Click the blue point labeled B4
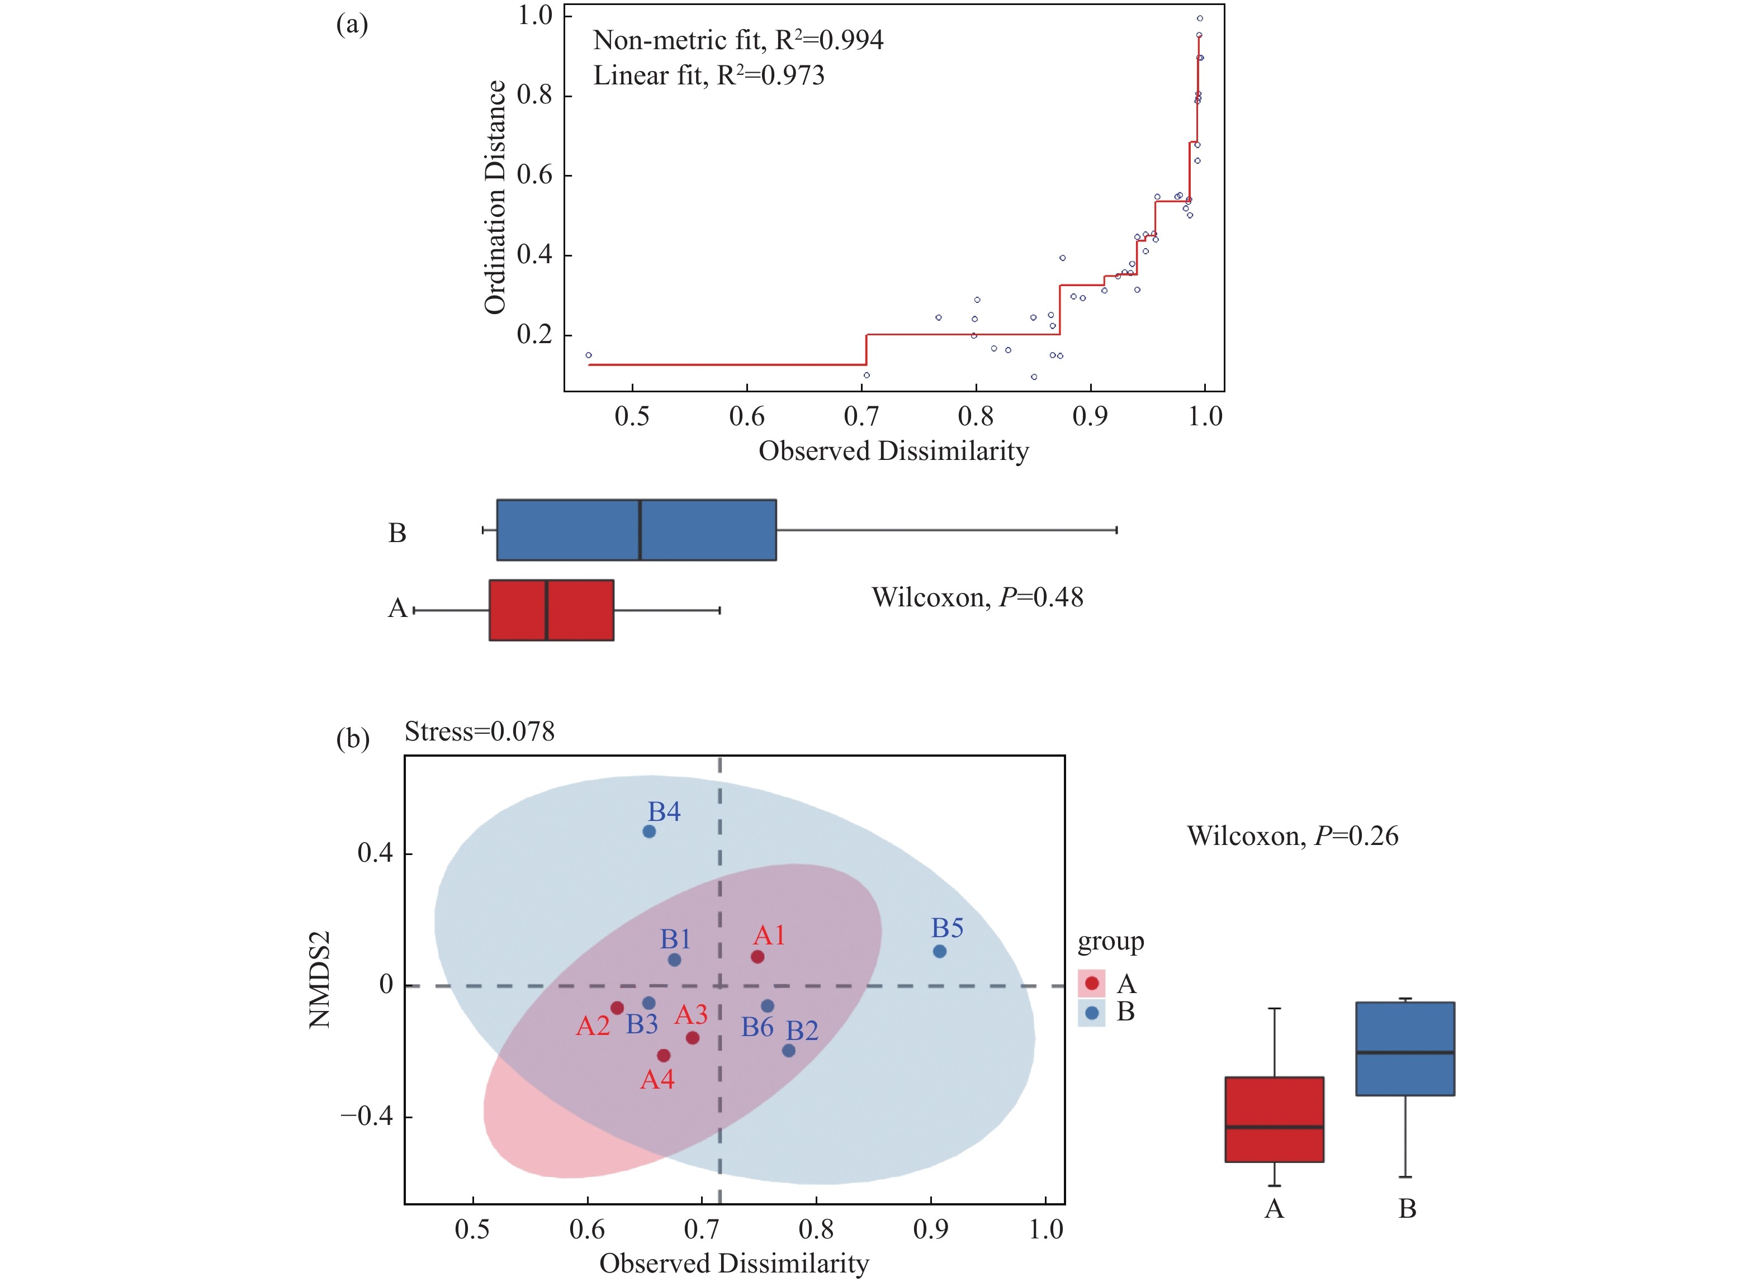pyautogui.click(x=649, y=831)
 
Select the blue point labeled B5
pyautogui.click(x=940, y=951)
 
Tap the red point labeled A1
pyautogui.click(x=757, y=957)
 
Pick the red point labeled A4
pyautogui.click(x=663, y=1056)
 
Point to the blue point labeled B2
pyautogui.click(x=788, y=1051)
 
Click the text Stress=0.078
pyautogui.click(x=479, y=732)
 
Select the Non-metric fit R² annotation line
pyautogui.click(x=737, y=40)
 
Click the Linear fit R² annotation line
pyautogui.click(x=708, y=76)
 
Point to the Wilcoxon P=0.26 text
pyautogui.click(x=1292, y=836)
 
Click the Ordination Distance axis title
pyautogui.click(x=495, y=197)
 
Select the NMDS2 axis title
pyautogui.click(x=320, y=979)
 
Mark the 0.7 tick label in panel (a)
pyautogui.click(x=861, y=417)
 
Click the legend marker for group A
pyautogui.click(x=1092, y=983)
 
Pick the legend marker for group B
pyautogui.click(x=1092, y=1012)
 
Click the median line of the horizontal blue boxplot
pyautogui.click(x=640, y=530)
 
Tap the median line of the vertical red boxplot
pyautogui.click(x=1274, y=1127)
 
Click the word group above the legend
pyautogui.click(x=1110, y=942)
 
